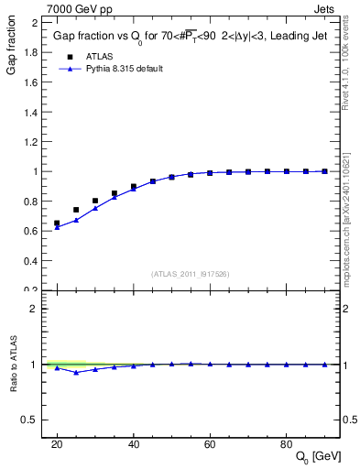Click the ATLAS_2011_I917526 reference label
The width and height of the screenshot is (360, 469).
[190, 274]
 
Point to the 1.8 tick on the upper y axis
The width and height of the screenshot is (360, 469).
[32, 52]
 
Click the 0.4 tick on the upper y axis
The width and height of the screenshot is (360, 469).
[32, 261]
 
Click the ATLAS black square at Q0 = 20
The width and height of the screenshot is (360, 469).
[57, 223]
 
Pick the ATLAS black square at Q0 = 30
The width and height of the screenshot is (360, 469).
[95, 201]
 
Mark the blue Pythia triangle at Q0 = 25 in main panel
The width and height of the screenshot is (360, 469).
[76, 220]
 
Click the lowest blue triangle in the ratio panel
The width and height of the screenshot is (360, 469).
[76, 372]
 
